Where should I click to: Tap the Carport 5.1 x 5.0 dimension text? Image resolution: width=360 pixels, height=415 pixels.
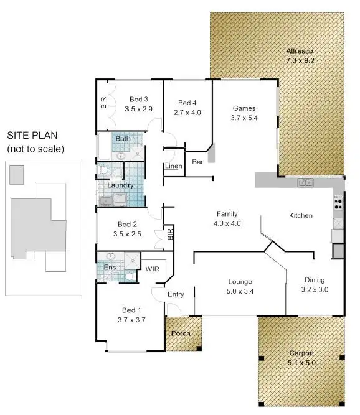click(x=301, y=362)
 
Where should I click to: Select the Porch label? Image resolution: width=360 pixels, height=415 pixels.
click(x=181, y=333)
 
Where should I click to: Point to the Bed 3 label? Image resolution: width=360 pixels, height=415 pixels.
click(x=138, y=99)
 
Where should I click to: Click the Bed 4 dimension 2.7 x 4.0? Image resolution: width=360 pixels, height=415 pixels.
click(x=187, y=113)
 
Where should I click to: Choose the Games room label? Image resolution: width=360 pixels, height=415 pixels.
click(x=244, y=107)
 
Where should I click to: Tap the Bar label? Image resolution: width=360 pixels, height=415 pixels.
click(x=198, y=162)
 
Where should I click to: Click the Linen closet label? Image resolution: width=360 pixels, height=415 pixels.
click(x=173, y=166)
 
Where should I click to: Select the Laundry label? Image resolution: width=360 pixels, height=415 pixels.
click(x=120, y=185)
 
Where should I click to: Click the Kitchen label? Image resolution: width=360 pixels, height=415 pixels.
click(x=300, y=215)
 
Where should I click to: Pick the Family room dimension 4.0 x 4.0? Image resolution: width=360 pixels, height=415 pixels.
click(x=227, y=223)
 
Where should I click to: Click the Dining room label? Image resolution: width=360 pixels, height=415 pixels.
click(x=315, y=280)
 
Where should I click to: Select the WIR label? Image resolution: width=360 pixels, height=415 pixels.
click(x=153, y=269)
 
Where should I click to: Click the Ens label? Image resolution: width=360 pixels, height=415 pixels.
click(x=110, y=268)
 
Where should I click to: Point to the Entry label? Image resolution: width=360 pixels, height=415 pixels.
click(x=176, y=294)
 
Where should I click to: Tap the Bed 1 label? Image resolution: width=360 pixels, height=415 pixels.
click(x=131, y=310)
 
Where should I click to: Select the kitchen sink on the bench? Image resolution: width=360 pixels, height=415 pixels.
click(x=305, y=182)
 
